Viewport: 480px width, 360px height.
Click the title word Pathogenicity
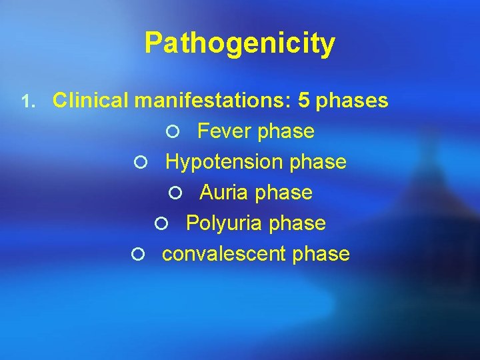pyautogui.click(x=239, y=43)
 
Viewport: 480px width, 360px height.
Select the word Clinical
pyautogui.click(x=91, y=101)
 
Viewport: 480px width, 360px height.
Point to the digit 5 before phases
pyautogui.click(x=304, y=101)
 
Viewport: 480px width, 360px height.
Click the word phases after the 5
pyautogui.click(x=352, y=101)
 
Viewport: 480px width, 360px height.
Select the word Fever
pyautogui.click(x=225, y=131)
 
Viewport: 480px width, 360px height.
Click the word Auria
pyautogui.click(x=223, y=193)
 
